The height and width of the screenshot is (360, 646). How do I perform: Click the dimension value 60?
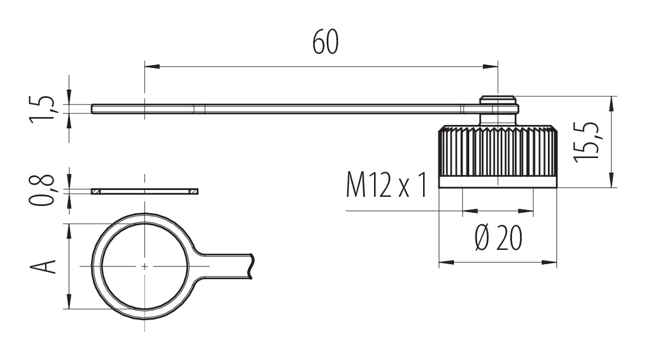click(x=326, y=42)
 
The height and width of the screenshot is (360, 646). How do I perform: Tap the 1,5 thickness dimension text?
click(x=42, y=109)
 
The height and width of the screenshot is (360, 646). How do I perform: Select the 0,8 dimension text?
click(x=42, y=190)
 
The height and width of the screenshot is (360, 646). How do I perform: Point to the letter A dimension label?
click(x=42, y=266)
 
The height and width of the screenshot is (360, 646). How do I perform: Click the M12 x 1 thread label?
click(x=387, y=185)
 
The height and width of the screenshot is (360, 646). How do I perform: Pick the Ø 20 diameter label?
click(x=498, y=238)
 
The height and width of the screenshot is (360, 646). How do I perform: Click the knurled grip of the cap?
click(x=498, y=151)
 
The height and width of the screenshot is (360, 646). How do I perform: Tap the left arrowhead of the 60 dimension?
click(x=152, y=66)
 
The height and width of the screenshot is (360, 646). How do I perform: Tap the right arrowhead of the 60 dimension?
click(x=490, y=66)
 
